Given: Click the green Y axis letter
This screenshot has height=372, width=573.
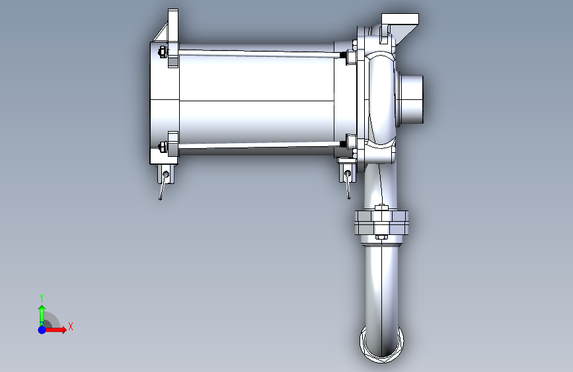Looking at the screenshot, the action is pyautogui.click(x=42, y=297).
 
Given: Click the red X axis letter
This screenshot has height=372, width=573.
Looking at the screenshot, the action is pyautogui.click(x=71, y=326).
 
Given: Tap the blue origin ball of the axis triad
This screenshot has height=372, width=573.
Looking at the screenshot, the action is pyautogui.click(x=42, y=330).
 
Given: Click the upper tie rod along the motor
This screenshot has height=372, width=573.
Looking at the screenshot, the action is pyautogui.click(x=260, y=54).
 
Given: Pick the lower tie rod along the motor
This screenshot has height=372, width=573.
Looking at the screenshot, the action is pyautogui.click(x=260, y=146).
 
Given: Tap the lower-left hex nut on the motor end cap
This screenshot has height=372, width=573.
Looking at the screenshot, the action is pyautogui.click(x=163, y=147).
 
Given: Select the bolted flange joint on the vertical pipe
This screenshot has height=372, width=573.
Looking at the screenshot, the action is pyautogui.click(x=381, y=222).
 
